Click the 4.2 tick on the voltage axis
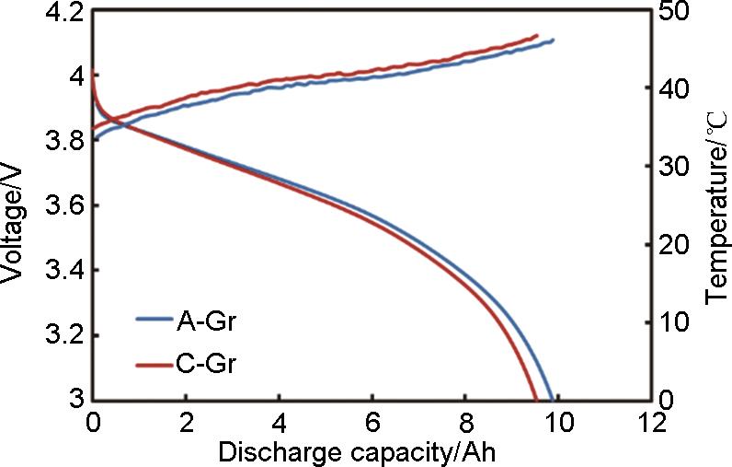coord(62,13)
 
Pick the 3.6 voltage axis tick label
coord(62,205)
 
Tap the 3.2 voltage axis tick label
coord(62,334)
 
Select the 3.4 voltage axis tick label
coord(62,270)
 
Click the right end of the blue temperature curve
coord(554,40)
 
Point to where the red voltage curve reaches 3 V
coord(536,399)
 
